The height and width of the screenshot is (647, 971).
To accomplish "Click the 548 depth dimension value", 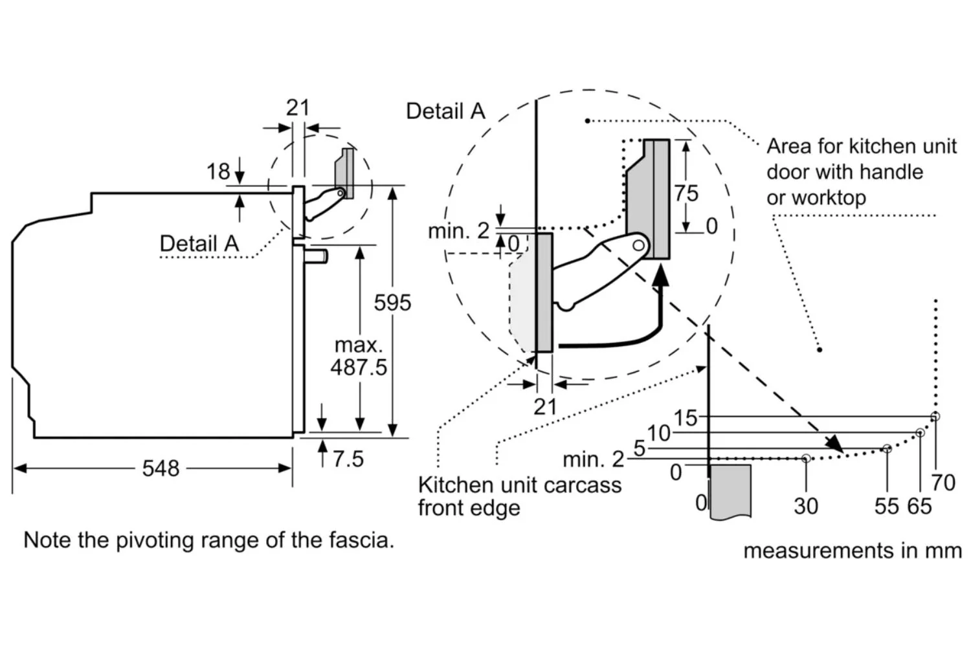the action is (x=161, y=468).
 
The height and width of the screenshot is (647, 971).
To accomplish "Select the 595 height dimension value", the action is (x=392, y=303).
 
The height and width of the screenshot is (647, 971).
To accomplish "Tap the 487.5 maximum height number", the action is (x=359, y=367).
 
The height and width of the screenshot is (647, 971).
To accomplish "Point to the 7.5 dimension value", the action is (x=348, y=459).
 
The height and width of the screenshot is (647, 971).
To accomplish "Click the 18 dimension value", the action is (x=218, y=171).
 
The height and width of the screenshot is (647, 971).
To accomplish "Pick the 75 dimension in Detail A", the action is (x=686, y=193).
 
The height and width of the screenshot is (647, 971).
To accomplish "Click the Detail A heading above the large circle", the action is (x=445, y=111).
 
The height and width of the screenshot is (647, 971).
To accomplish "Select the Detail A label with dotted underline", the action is (x=199, y=243).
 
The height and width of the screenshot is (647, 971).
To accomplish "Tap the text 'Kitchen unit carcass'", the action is (x=519, y=485).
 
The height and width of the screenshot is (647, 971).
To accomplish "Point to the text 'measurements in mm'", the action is (x=853, y=551).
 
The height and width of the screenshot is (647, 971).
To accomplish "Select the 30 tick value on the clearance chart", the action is (x=806, y=506).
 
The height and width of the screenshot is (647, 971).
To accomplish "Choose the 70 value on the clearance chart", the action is (x=943, y=482).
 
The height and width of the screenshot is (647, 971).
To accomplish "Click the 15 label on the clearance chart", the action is (x=686, y=418).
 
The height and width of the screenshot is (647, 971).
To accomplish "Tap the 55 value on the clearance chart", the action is (x=886, y=506).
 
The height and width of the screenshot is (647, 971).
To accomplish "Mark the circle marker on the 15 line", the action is (x=935, y=417).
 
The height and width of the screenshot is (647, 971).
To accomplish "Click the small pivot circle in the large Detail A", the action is (x=638, y=245).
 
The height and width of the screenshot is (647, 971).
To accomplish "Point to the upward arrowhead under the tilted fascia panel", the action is (x=661, y=276).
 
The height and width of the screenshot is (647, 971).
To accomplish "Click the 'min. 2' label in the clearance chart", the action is (x=593, y=459).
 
